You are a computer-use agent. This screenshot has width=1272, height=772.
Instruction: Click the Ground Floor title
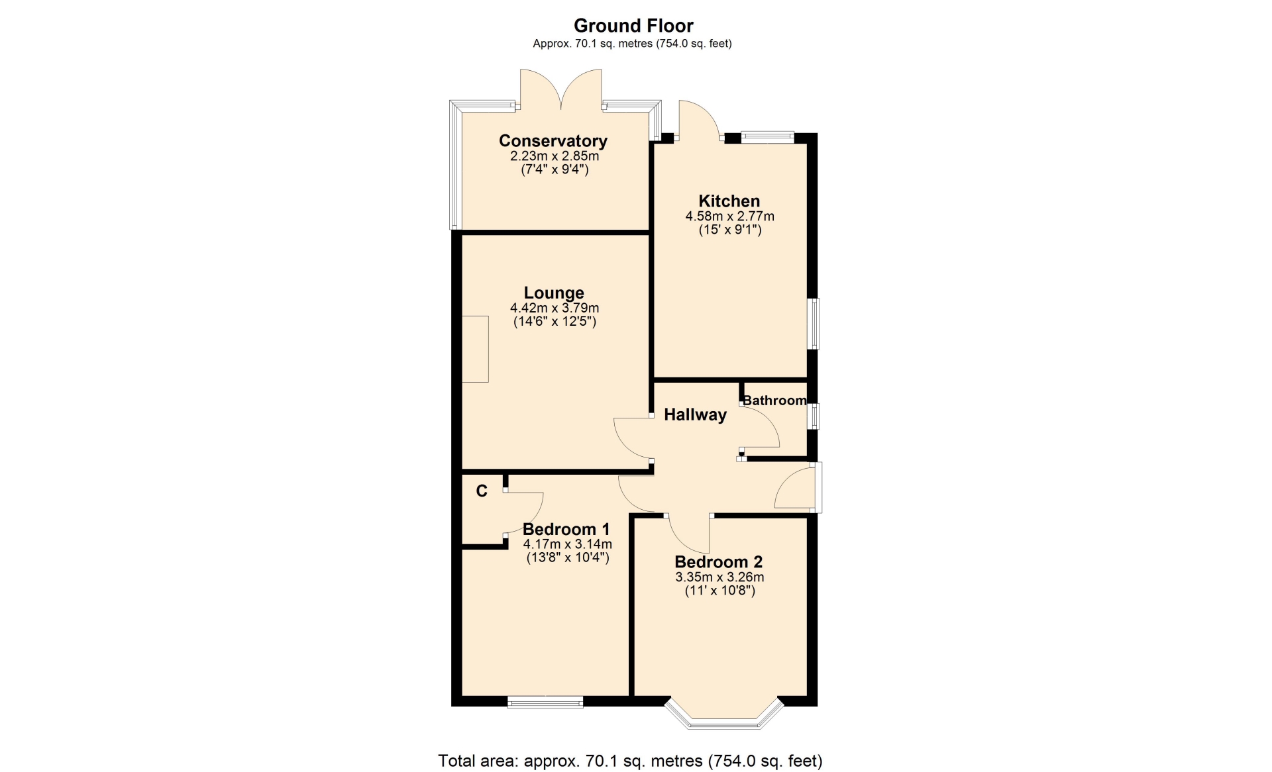[x=633, y=26]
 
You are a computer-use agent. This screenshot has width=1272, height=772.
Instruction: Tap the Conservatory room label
[x=553, y=141]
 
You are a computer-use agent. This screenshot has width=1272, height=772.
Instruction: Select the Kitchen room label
[x=729, y=201]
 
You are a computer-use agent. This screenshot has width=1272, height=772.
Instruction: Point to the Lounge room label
[x=554, y=293]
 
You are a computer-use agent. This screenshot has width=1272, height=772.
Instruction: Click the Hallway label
[x=695, y=415]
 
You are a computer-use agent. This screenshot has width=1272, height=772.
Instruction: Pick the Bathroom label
[x=774, y=401]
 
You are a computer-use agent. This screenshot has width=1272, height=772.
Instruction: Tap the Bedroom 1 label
[x=566, y=530]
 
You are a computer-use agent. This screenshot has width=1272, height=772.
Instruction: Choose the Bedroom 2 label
[x=719, y=562]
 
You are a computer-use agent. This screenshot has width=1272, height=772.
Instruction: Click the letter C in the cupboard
[x=482, y=491]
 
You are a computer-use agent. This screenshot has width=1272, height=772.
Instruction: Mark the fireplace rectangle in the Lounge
[x=475, y=349]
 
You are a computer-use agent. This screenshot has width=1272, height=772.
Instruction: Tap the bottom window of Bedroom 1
[x=545, y=702]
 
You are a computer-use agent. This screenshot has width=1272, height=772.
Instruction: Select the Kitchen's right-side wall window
[x=813, y=324]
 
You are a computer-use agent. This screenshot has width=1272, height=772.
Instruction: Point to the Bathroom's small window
[x=813, y=416]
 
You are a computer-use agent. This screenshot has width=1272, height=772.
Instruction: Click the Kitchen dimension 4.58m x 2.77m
[x=729, y=217]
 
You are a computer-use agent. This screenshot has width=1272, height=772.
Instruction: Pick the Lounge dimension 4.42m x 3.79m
[x=555, y=308]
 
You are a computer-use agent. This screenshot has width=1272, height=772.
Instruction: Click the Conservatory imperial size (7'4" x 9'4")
[x=555, y=169]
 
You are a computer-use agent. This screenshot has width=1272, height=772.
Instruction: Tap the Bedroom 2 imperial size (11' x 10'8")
[x=719, y=591]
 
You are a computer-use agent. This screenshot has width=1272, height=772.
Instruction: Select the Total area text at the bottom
[x=630, y=761]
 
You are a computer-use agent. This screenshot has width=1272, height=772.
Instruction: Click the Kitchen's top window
[x=767, y=138]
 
